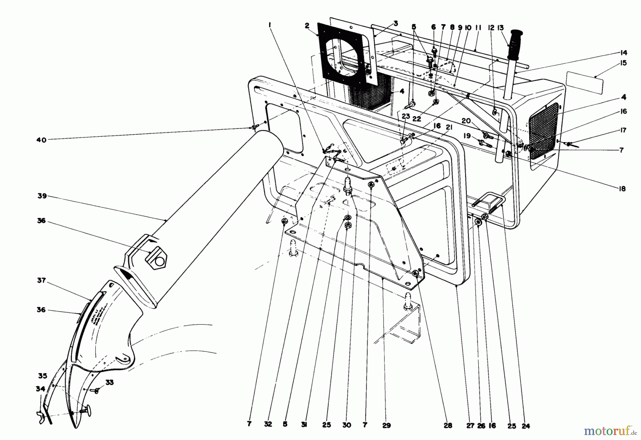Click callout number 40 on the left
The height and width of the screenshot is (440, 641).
click(x=41, y=140)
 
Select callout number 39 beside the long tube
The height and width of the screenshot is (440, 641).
click(x=42, y=196)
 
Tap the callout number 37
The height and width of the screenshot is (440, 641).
click(x=42, y=281)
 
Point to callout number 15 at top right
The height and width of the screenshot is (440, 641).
click(x=623, y=63)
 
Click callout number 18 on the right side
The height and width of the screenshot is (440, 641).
click(x=622, y=189)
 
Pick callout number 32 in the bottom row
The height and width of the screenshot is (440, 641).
click(x=268, y=424)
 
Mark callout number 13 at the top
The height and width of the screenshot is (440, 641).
click(x=501, y=28)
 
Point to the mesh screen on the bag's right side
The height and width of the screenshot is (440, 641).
click(x=543, y=130)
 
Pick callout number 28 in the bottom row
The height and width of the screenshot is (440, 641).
click(x=448, y=425)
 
